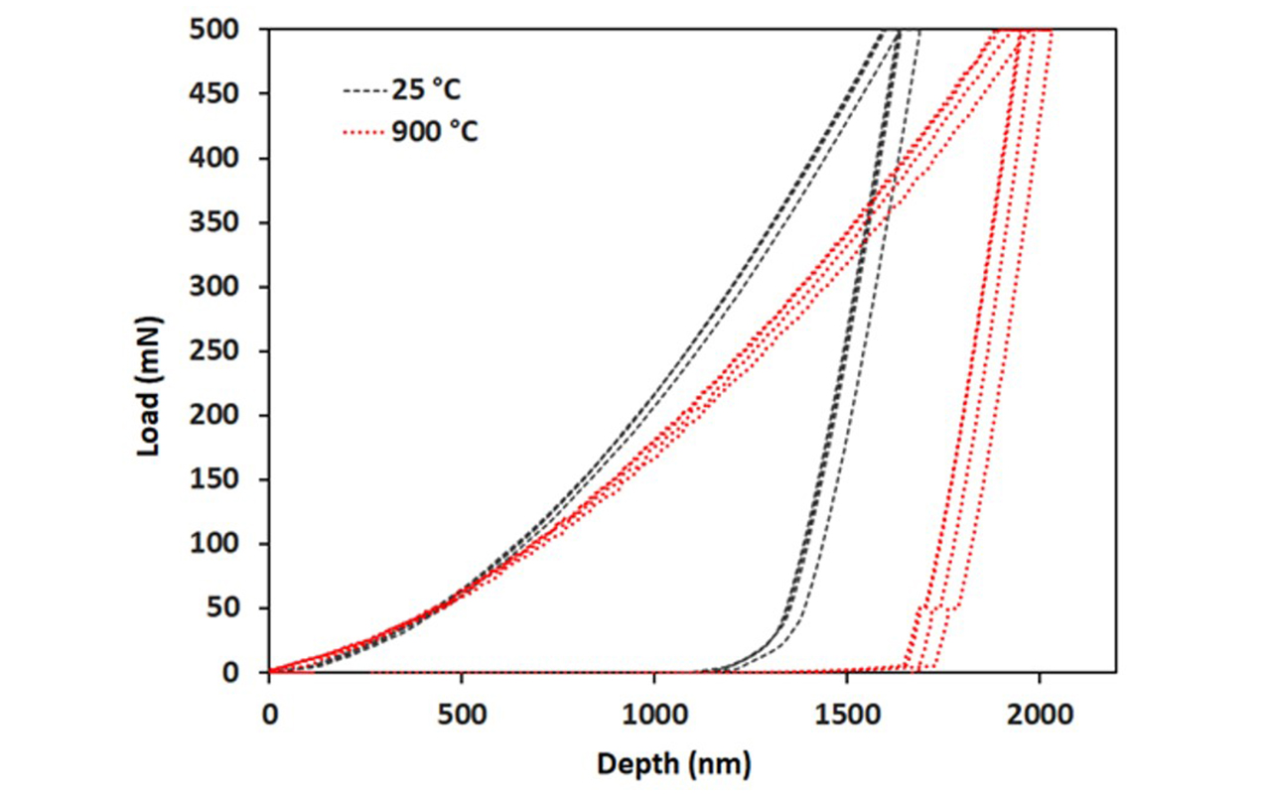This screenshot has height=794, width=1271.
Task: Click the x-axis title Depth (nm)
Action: (674, 764)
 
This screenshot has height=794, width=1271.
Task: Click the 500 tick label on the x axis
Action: (461, 713)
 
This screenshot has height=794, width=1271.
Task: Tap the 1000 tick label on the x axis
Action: (653, 713)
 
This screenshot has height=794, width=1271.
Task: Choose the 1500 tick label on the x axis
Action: (846, 713)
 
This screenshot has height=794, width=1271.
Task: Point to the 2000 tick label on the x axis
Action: (1039, 713)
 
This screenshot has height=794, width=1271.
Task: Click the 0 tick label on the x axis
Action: (269, 713)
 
